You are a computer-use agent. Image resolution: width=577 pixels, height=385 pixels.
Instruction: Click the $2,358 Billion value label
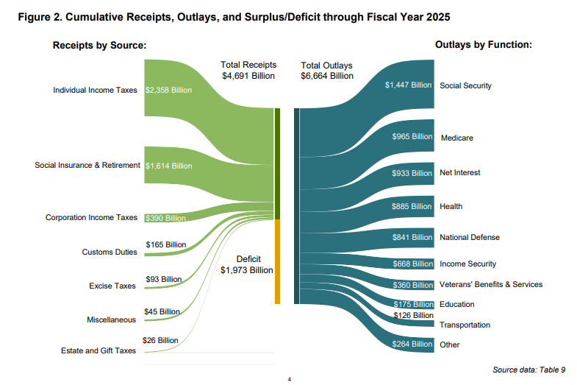(168, 91)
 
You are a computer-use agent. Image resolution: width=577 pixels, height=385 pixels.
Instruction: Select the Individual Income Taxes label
(95, 91)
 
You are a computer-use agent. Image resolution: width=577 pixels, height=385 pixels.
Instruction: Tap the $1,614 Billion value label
(168, 166)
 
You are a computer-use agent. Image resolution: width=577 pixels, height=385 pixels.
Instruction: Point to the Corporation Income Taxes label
(91, 218)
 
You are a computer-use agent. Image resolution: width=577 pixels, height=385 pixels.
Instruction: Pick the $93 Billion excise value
(163, 280)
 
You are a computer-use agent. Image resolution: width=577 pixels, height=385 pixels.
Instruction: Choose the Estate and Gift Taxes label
(98, 351)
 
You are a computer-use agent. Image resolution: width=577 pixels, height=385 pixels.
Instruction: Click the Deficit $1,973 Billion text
(246, 265)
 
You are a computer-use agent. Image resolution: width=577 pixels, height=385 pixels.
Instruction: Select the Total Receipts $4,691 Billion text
(248, 70)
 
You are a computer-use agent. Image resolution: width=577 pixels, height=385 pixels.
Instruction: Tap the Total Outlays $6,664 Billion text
(327, 71)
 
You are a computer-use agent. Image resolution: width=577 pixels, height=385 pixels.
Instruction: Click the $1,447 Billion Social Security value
(408, 85)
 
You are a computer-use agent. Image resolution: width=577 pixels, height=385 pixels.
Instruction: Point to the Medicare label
(456, 138)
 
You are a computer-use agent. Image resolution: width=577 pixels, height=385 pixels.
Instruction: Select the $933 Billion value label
(412, 173)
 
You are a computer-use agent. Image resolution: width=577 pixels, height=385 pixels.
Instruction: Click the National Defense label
(469, 238)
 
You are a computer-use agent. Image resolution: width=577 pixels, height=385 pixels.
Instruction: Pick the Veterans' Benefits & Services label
(490, 285)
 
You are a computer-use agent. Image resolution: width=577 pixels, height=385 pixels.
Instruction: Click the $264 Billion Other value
(412, 344)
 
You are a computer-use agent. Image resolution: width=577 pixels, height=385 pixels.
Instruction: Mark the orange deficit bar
(278, 261)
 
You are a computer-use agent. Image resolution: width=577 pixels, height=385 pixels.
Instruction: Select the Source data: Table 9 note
(528, 370)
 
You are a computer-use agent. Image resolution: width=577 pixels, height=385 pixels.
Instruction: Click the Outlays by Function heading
(483, 46)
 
